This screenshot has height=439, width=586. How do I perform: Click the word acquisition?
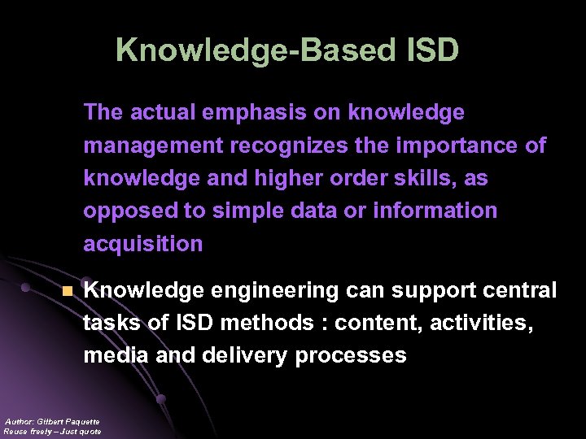143,244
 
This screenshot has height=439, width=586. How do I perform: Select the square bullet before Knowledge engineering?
68,290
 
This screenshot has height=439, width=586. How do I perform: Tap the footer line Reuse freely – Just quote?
52,431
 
